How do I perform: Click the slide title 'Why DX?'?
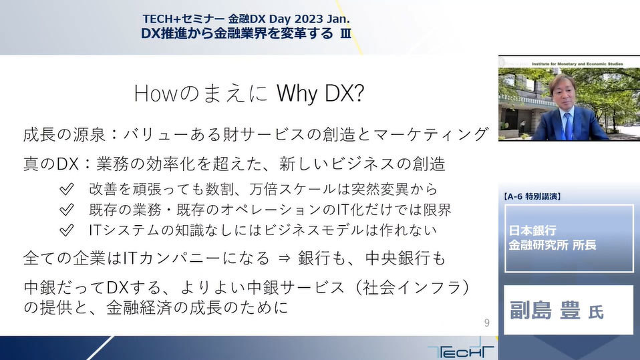pyautogui.click(x=320, y=94)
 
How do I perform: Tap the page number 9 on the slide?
pyautogui.click(x=486, y=323)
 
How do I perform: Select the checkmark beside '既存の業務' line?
pyautogui.click(x=67, y=210)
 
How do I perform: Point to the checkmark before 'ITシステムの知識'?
pyautogui.click(x=67, y=230)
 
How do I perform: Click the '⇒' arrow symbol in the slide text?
pyautogui.click(x=284, y=258)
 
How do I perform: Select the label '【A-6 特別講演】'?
pyautogui.click(x=532, y=196)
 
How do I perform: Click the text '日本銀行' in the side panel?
pyautogui.click(x=532, y=230)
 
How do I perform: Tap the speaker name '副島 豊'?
pyautogui.click(x=545, y=311)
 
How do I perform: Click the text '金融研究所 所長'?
pyautogui.click(x=552, y=245)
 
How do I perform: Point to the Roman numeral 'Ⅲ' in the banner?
pyautogui.click(x=345, y=33)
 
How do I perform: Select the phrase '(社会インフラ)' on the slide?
pyautogui.click(x=412, y=287)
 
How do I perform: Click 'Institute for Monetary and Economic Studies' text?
pyautogui.click(x=577, y=64)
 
